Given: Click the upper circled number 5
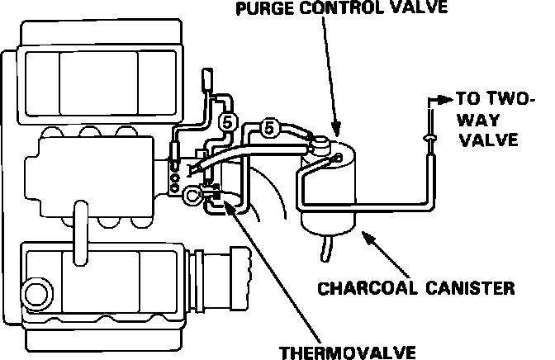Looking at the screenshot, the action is point(230,122).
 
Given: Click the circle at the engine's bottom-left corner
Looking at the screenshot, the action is point(36,291).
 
